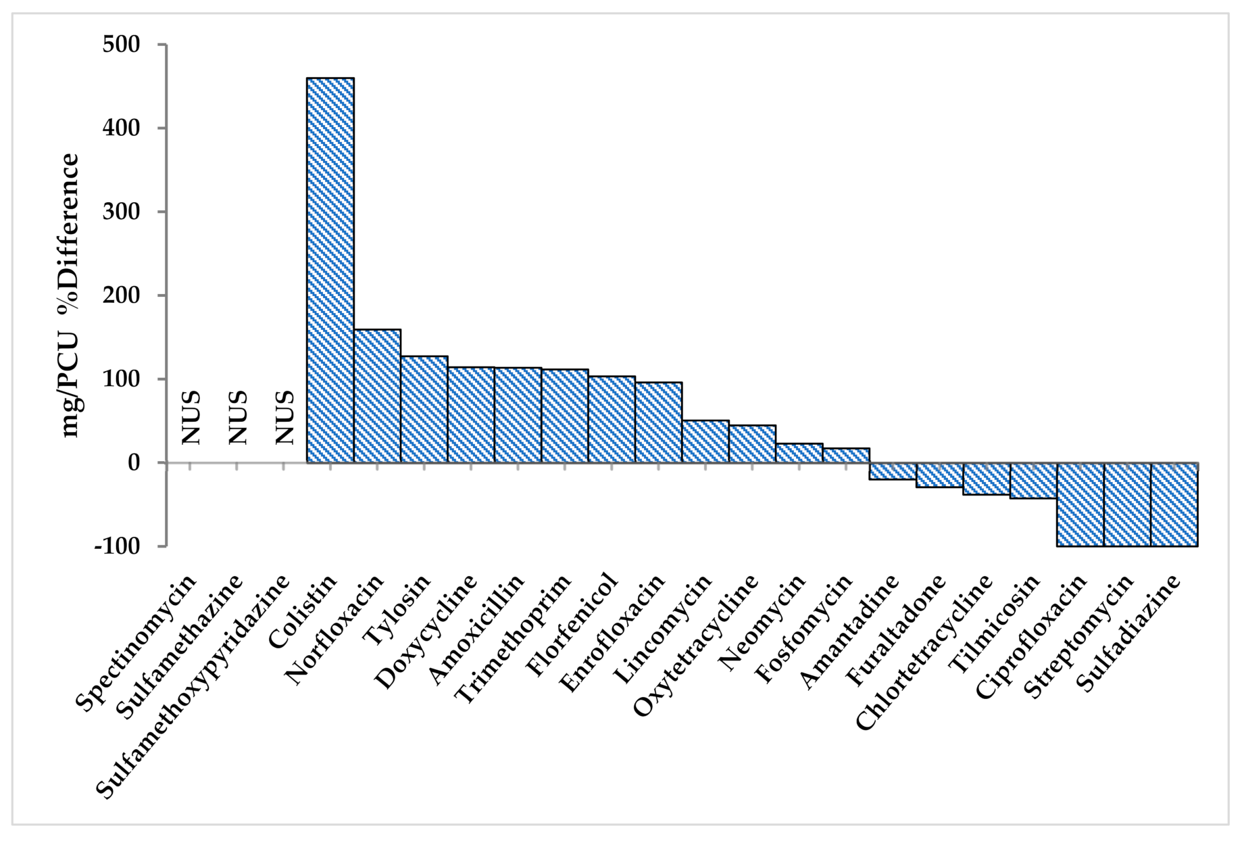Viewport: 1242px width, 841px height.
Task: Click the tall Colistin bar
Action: [x=330, y=270]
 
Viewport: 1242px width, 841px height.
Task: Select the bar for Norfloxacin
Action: [x=377, y=396]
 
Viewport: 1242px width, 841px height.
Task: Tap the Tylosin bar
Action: [x=424, y=410]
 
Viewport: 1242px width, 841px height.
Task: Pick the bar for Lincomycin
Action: [x=705, y=441]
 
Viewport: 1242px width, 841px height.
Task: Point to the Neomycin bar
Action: [x=799, y=453]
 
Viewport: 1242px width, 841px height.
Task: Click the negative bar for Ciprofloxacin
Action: [x=1080, y=504]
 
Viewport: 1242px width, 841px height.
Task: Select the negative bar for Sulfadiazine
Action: [x=1174, y=504]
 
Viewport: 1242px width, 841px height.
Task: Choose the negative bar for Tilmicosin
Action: [x=1033, y=481]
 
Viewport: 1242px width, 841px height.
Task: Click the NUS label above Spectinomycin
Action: [x=192, y=417]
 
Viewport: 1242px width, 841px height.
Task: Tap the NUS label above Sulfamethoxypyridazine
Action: [x=285, y=417]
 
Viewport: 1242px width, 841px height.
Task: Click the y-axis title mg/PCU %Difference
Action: [x=70, y=295]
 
